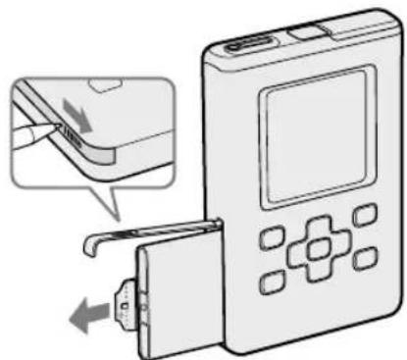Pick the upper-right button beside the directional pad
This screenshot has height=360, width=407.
[363, 214]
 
